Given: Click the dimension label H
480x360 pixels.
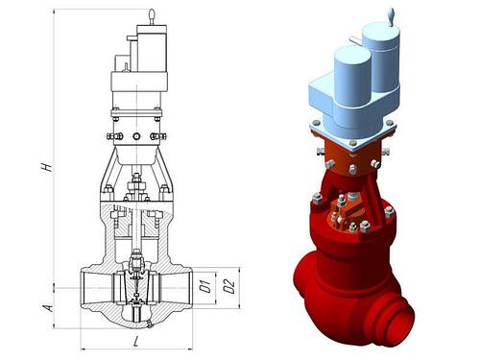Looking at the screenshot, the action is pyautogui.click(x=47, y=167).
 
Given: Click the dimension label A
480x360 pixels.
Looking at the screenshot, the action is pyautogui.click(x=48, y=308).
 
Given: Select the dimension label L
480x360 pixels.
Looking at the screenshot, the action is pyautogui.click(x=136, y=342).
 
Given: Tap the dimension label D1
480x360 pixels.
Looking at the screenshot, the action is pyautogui.click(x=205, y=286).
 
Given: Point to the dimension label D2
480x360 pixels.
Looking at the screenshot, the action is pyautogui.click(x=229, y=286).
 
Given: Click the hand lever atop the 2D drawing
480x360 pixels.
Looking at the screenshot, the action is pyautogui.click(x=153, y=17).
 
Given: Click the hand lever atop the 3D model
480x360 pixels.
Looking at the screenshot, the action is pyautogui.click(x=392, y=17).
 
